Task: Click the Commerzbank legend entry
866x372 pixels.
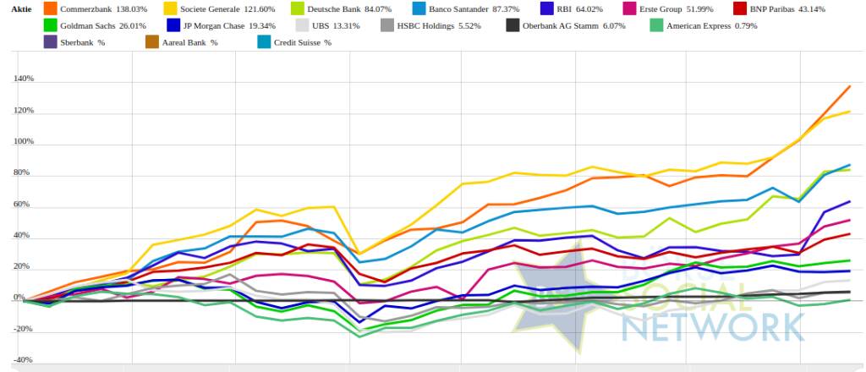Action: [85, 8]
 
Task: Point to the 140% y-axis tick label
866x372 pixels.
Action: [22, 79]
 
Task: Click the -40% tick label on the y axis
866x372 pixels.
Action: [22, 361]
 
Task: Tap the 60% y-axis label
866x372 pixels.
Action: [23, 205]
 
